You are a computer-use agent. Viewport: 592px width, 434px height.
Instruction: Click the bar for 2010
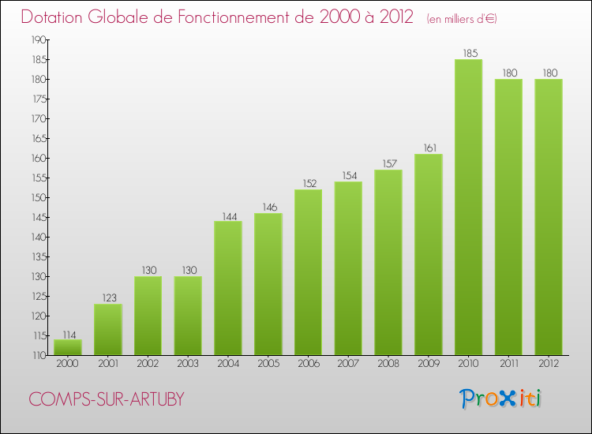[468, 208]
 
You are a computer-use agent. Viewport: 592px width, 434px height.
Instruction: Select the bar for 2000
[68, 347]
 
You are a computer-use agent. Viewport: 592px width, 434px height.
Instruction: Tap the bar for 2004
[228, 288]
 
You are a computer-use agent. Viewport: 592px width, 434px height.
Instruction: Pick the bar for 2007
[348, 268]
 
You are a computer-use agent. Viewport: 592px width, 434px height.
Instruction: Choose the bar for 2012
[549, 217]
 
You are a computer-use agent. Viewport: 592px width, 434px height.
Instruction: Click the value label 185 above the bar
[468, 54]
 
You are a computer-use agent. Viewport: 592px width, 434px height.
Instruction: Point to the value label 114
[68, 334]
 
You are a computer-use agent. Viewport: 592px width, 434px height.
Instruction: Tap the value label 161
[428, 148]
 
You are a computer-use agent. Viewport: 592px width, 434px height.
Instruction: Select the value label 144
[228, 215]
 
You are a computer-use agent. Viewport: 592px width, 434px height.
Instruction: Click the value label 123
[108, 298]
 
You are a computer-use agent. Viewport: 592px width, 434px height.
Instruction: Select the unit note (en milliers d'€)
[462, 19]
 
